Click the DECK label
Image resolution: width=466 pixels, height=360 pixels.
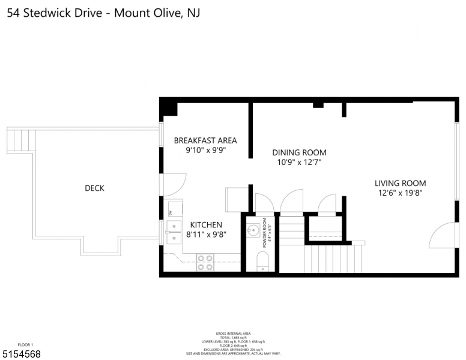pyautogui.click(x=94, y=188)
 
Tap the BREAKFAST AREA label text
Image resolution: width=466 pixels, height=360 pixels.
pyautogui.click(x=205, y=140)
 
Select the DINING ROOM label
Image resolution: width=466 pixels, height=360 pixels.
pyautogui.click(x=299, y=152)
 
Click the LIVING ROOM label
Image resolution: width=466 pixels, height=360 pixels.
pyautogui.click(x=400, y=184)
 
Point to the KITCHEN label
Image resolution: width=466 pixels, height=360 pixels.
pyautogui.click(x=206, y=225)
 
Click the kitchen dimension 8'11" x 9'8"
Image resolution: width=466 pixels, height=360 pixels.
pyautogui.click(x=206, y=235)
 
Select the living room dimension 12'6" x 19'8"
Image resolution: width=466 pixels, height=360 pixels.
pyautogui.click(x=400, y=194)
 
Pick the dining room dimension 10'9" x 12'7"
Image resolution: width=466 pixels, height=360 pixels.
pyautogui.click(x=299, y=163)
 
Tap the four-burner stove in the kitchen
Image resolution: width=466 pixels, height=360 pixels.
pyautogui.click(x=205, y=262)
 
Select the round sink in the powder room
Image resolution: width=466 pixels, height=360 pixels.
pyautogui.click(x=253, y=230)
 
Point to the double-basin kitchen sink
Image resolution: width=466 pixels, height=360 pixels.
pyautogui.click(x=174, y=233)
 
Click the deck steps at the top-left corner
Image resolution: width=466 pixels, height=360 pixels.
pyautogui.click(x=22, y=140)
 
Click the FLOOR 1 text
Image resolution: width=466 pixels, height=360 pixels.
pyautogui.click(x=25, y=345)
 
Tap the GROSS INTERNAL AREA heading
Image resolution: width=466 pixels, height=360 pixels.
pyautogui.click(x=233, y=334)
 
